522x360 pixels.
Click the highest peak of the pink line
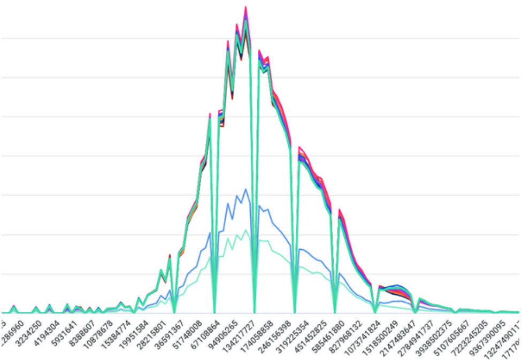tap(245, 7)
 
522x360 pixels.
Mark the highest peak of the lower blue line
tap(245, 189)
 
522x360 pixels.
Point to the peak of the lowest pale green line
tap(245, 231)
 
